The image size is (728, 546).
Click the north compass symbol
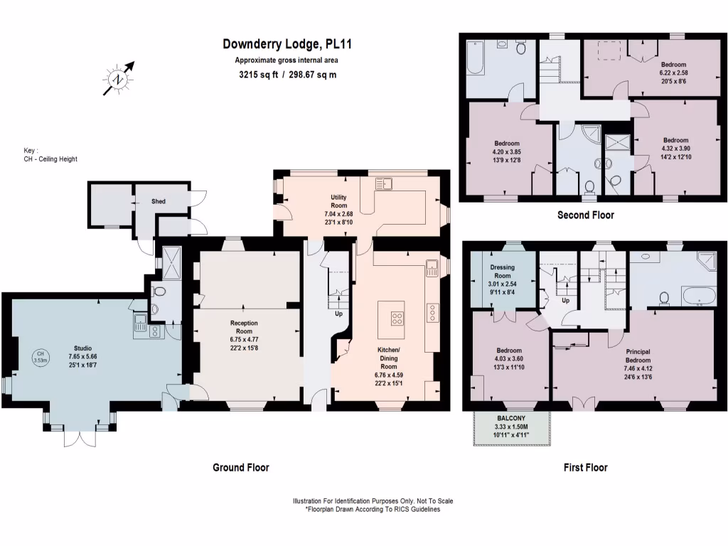tap(118, 79)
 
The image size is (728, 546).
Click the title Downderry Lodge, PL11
tap(287, 44)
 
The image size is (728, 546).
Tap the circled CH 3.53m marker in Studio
tap(41, 358)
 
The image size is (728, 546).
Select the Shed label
tap(159, 201)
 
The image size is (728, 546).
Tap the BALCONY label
tap(509, 419)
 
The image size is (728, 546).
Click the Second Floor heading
tap(585, 215)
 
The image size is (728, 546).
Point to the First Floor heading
tap(585, 467)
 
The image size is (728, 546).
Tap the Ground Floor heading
tap(241, 467)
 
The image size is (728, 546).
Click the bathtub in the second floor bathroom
tap(476, 58)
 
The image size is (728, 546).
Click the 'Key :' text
tap(30, 151)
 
